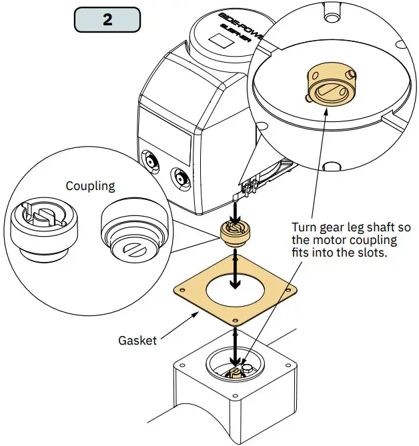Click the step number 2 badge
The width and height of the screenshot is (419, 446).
(x=107, y=19)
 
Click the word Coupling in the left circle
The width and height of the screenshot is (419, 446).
(x=90, y=186)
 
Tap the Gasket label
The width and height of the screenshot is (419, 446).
(x=137, y=340)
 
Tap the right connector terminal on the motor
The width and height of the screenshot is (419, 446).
(x=179, y=178)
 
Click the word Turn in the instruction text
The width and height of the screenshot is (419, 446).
(x=304, y=227)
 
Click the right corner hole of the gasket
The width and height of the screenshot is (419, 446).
(x=288, y=290)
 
